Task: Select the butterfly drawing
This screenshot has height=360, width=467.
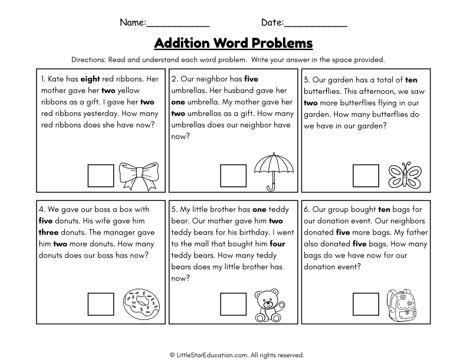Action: (x=404, y=175)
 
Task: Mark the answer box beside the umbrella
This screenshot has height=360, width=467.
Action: (x=233, y=176)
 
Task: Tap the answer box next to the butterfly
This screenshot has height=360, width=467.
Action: (x=366, y=176)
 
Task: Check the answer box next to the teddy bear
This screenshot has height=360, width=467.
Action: (x=233, y=304)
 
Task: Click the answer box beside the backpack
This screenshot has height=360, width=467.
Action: (x=366, y=304)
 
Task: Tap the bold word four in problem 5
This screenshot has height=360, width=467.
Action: (x=277, y=244)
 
